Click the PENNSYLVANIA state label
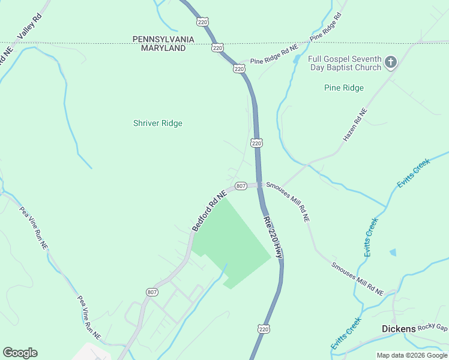point(163,39)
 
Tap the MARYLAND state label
point(163,48)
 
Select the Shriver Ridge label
point(157,124)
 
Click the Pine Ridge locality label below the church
point(344,88)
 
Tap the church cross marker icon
point(391,62)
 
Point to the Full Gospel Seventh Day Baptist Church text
point(345,63)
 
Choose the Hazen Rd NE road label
point(354,125)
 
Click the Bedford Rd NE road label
point(209,211)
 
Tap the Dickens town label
point(399,329)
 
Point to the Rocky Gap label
point(433,327)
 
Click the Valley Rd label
point(30,25)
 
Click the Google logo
point(20,353)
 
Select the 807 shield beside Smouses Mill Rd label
point(240,186)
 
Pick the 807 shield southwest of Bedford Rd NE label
point(152,292)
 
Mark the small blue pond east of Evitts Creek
point(393,253)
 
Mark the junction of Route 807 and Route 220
point(259,185)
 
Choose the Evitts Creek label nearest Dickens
point(346,334)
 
